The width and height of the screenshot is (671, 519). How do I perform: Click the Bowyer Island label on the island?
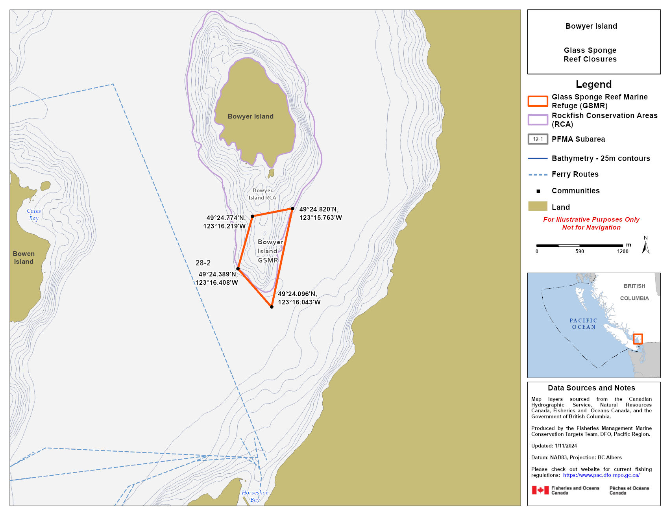(x=250, y=117)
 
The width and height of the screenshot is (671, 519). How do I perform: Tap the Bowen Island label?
(x=24, y=258)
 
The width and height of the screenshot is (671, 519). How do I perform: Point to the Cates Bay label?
(x=34, y=215)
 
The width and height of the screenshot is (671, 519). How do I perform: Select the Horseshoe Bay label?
(x=255, y=496)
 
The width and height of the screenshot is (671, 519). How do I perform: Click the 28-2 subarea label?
(x=203, y=263)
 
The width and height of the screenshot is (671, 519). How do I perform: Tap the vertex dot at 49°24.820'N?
(x=292, y=209)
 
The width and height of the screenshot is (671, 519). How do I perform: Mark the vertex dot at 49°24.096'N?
(x=272, y=307)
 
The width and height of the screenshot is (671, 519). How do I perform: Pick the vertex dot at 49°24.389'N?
(x=238, y=269)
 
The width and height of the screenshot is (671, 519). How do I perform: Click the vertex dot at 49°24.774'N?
(x=252, y=216)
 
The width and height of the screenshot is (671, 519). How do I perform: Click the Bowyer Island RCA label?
(x=262, y=194)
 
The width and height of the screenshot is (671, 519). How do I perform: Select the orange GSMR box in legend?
(x=538, y=101)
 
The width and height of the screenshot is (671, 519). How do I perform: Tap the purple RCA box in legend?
(x=538, y=120)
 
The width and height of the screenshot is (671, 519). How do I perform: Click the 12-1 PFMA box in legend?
(x=538, y=139)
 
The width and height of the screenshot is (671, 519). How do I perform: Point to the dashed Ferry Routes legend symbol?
(x=538, y=174)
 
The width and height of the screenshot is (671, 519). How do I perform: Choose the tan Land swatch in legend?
(x=538, y=206)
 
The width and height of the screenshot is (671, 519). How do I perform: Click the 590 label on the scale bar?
(x=579, y=251)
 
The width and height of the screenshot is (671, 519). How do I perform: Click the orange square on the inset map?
(x=638, y=339)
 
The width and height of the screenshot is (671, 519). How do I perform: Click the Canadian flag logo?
(x=540, y=490)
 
